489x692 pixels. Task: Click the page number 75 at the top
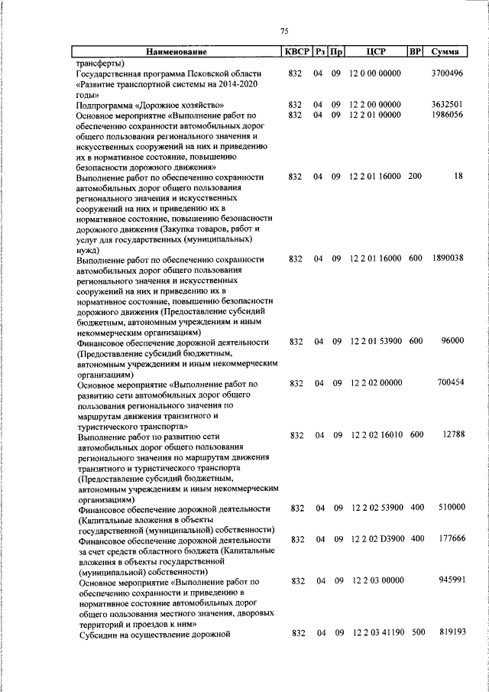click(284, 31)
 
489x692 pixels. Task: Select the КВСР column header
click(297, 52)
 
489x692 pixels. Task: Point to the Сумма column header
click(445, 52)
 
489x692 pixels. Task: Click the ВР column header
click(415, 52)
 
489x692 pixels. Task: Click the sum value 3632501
click(447, 104)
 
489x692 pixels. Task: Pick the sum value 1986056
click(447, 115)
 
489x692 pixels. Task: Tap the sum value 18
click(458, 177)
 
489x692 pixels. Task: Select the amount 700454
click(450, 383)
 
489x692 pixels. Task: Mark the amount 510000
click(450, 508)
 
